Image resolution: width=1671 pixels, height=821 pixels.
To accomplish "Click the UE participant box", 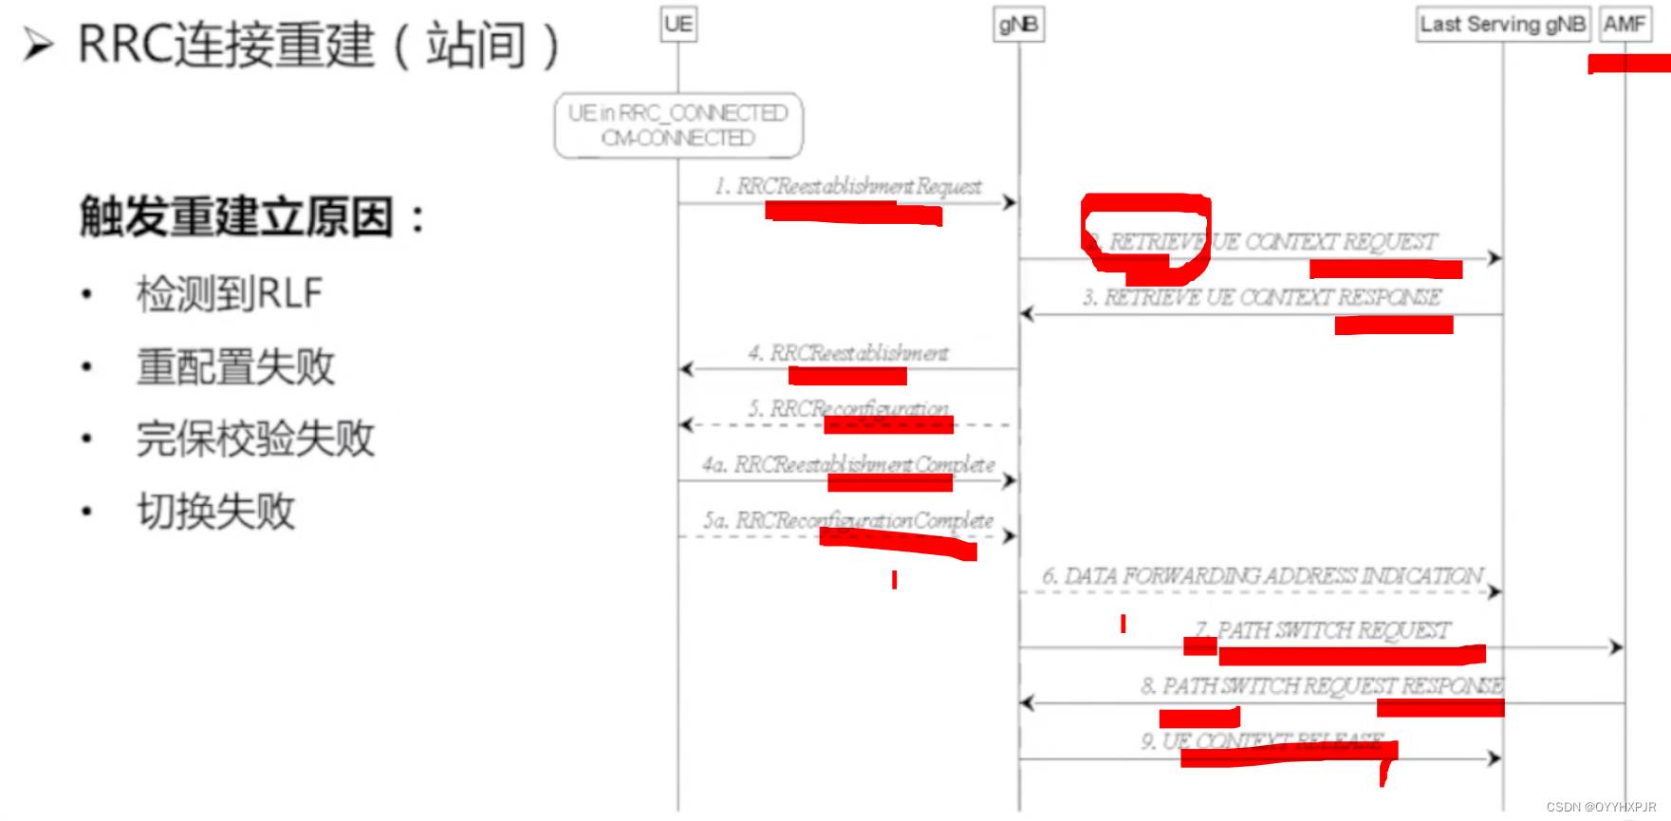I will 678,24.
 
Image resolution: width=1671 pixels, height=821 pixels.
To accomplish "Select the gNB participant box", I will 1019,24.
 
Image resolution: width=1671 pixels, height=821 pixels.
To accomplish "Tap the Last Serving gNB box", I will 1502,24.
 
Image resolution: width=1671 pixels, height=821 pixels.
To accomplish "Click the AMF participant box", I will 1625,24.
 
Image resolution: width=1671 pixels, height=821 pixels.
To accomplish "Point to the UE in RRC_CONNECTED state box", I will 678,125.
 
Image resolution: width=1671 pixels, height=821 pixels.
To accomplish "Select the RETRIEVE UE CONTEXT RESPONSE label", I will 1262,297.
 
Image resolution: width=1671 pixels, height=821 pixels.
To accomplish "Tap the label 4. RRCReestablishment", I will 848,353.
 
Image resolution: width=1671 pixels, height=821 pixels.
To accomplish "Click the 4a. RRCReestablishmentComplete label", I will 848,464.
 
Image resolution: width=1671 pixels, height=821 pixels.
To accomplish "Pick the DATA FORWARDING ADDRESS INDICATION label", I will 1262,576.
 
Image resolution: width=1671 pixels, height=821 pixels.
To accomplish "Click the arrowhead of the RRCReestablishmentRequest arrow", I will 1010,202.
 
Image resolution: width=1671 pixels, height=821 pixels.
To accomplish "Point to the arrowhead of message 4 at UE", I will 687,369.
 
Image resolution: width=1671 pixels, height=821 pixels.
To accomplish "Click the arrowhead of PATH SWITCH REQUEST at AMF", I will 1616,647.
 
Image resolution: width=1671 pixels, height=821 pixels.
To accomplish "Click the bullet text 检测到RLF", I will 230,293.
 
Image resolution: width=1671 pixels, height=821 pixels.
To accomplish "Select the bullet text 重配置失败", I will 235,366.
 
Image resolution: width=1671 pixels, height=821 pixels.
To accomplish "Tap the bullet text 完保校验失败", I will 255,438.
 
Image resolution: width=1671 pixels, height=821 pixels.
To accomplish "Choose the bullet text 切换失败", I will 216,512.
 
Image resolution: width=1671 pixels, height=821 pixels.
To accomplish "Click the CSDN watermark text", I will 1601,807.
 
